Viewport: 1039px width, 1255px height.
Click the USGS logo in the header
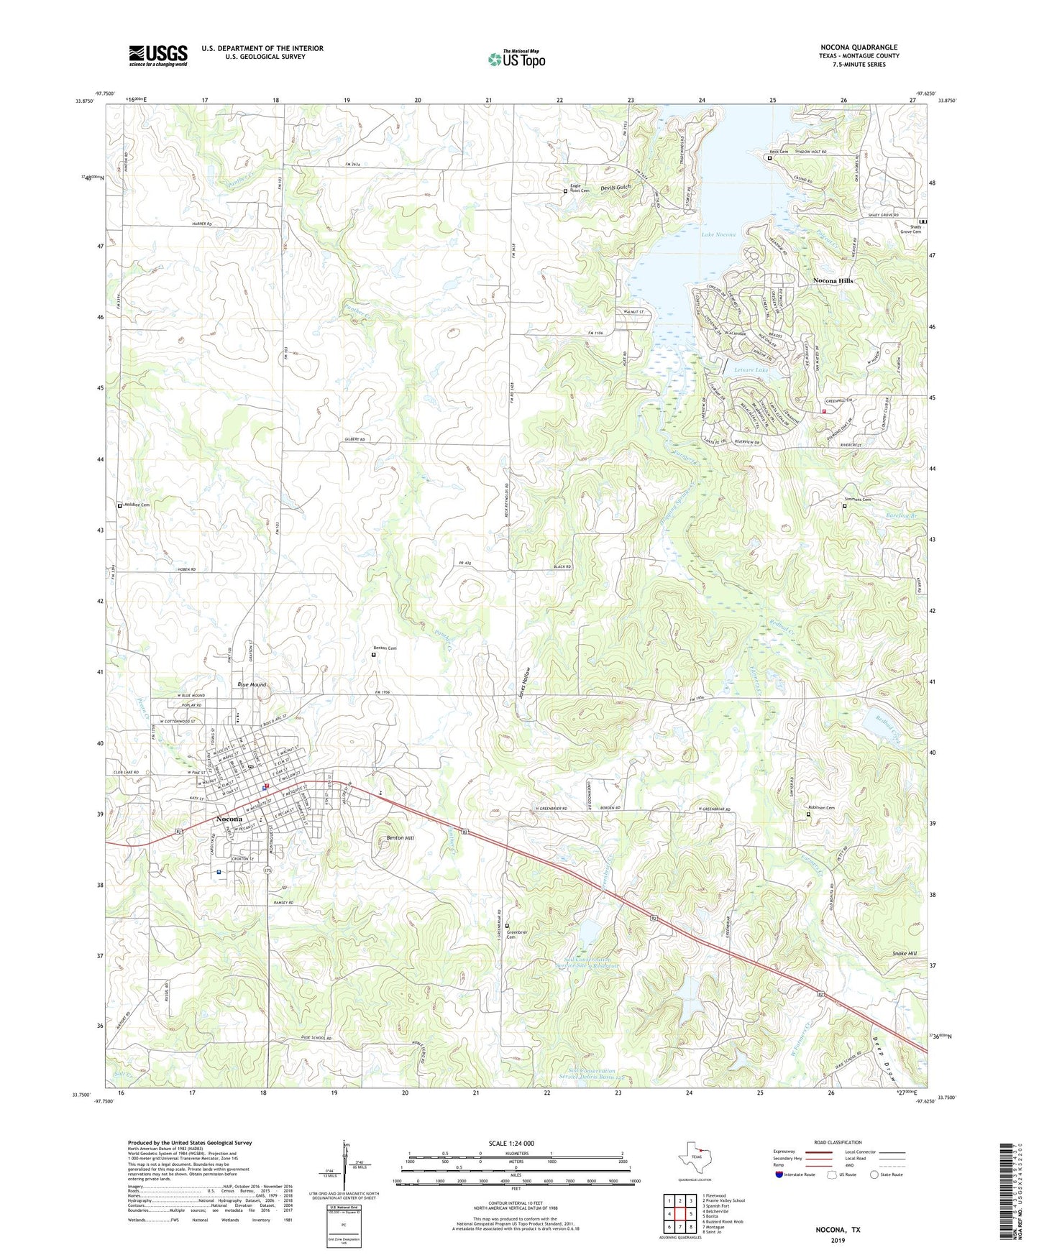pos(158,55)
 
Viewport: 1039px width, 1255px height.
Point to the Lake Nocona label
pos(718,234)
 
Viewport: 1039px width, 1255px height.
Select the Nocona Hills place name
pos(833,280)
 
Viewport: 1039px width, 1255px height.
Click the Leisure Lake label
pos(751,369)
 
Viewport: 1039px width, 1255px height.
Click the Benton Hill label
pos(400,838)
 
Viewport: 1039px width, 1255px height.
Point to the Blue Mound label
pos(252,684)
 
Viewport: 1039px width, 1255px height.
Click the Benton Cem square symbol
pos(373,655)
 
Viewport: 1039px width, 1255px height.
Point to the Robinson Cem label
pos(821,808)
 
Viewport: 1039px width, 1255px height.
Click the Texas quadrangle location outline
pos(694,1158)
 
